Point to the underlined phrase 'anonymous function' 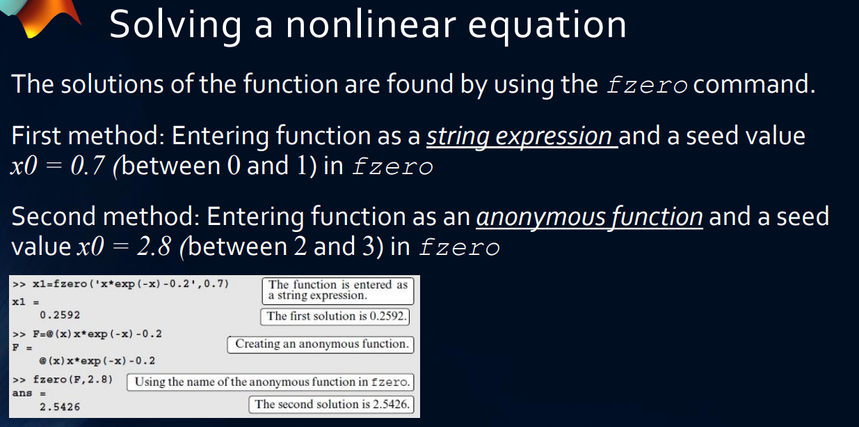[589, 217]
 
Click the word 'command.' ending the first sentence [755, 85]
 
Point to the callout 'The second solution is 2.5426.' [331, 404]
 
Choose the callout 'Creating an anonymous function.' [320, 344]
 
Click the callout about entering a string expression [337, 290]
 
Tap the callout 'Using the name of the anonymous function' [271, 382]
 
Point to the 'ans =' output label [24, 393]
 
